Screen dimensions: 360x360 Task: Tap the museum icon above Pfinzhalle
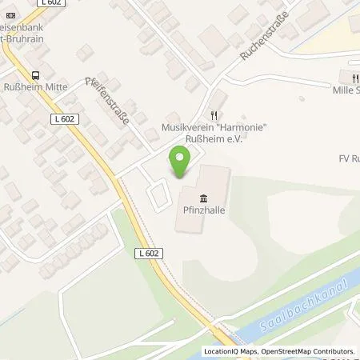coord(202,198)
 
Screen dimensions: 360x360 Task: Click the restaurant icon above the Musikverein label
coord(213,116)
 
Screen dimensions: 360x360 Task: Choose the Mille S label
coord(346,90)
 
